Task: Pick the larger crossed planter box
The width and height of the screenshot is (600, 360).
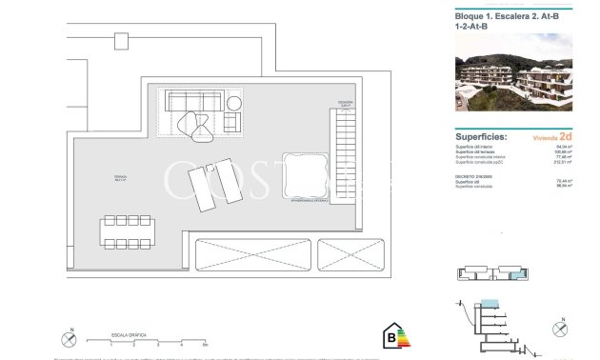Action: pos(249,257)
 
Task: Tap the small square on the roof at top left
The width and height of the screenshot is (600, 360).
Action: pos(120,41)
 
